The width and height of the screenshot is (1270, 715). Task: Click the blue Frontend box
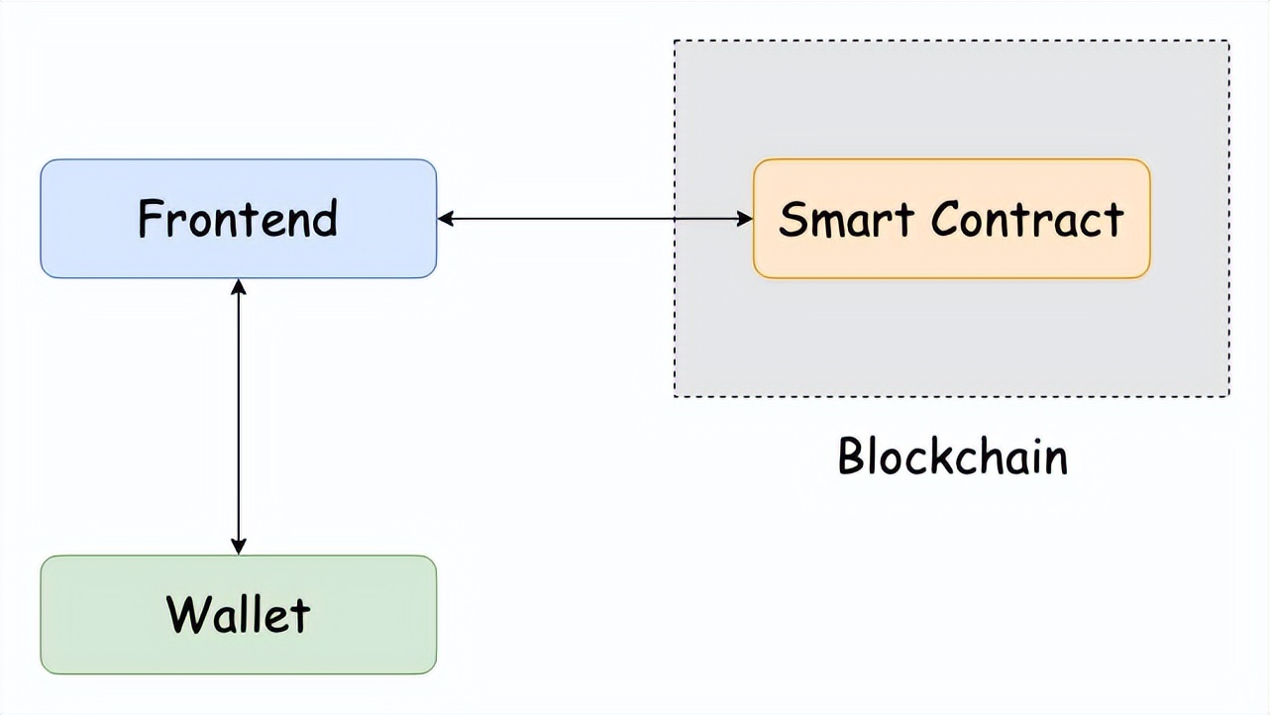(x=238, y=218)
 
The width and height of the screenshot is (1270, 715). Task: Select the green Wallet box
(x=238, y=614)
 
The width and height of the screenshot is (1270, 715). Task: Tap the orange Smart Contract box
(x=951, y=218)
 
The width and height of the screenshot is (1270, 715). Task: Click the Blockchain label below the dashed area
(x=953, y=457)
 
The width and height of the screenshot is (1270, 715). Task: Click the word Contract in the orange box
(x=1027, y=219)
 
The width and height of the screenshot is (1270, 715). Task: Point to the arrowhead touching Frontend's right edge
(x=445, y=218)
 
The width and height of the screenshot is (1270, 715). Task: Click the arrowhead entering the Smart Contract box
(x=745, y=218)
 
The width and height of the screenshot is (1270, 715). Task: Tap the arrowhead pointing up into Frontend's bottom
(x=238, y=286)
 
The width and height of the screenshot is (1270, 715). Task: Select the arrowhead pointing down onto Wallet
(x=238, y=547)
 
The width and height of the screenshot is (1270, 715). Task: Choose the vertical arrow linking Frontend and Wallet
(x=238, y=416)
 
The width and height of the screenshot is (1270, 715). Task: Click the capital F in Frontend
(x=150, y=219)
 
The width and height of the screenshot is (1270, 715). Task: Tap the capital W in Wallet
(x=187, y=614)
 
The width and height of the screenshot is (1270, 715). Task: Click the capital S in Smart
(x=793, y=219)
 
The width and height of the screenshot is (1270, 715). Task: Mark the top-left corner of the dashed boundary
(x=675, y=41)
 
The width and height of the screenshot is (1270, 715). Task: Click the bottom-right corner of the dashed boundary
(x=1229, y=397)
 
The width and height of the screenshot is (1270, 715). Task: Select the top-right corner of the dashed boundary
(x=1229, y=41)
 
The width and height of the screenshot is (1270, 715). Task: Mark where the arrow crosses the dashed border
(x=675, y=218)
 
